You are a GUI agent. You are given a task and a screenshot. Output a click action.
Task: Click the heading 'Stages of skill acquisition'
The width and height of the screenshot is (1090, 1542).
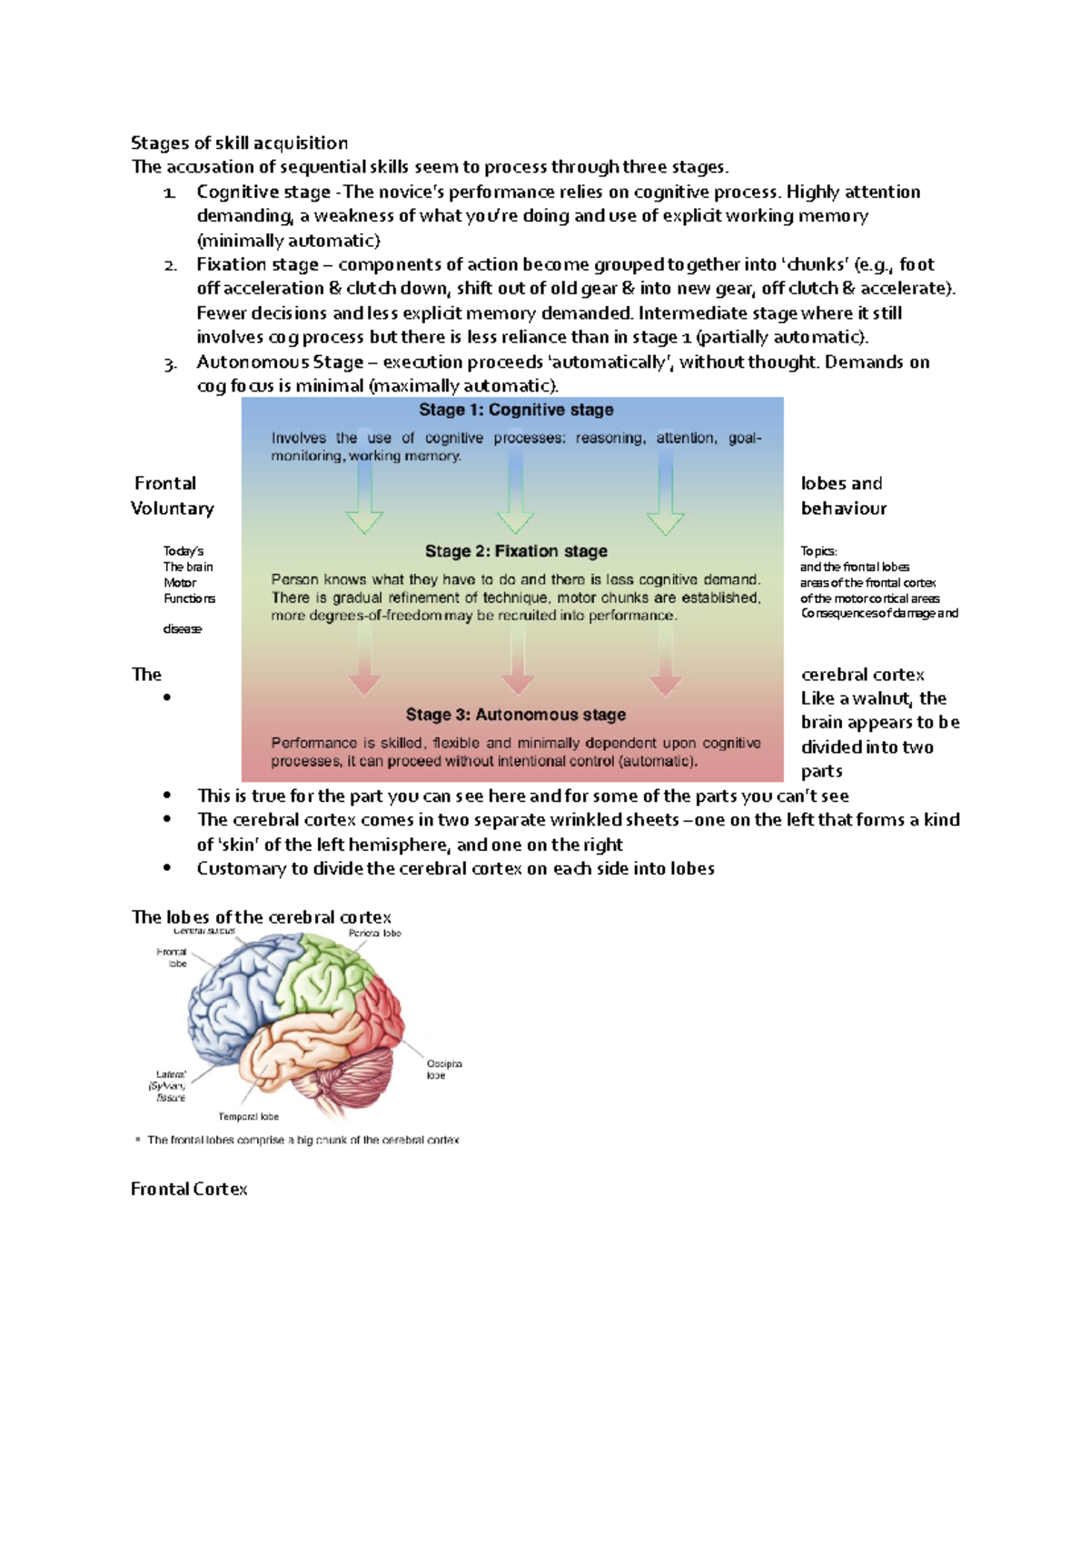point(239,143)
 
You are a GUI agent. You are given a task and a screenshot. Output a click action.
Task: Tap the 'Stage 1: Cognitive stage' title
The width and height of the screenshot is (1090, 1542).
point(516,410)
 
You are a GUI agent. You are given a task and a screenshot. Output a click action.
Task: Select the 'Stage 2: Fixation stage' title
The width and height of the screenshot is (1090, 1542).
point(516,551)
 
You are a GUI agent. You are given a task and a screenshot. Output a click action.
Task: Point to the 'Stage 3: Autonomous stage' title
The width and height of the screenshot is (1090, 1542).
point(516,715)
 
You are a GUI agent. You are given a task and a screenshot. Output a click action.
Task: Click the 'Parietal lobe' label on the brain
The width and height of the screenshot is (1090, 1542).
point(374,934)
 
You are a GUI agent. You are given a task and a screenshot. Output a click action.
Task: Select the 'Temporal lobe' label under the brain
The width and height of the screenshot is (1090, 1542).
point(248,1117)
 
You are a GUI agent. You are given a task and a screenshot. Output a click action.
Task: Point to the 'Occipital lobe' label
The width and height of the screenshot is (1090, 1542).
point(444,1069)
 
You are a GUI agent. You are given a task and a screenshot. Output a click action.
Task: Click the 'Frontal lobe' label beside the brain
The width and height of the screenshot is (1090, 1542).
point(173,957)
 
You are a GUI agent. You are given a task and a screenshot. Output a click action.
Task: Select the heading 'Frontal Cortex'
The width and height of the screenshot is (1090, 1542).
point(189,1189)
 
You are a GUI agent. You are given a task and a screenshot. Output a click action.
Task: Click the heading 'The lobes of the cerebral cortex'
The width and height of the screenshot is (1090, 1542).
point(262,916)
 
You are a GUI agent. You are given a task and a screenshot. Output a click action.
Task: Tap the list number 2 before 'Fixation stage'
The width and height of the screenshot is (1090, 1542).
point(170,265)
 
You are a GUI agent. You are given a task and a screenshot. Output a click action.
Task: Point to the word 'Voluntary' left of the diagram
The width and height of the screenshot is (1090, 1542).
point(173,509)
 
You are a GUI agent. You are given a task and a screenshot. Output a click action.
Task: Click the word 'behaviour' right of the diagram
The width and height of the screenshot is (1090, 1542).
point(844,509)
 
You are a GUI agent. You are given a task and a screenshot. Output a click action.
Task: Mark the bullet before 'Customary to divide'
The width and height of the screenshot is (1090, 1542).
point(167,868)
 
